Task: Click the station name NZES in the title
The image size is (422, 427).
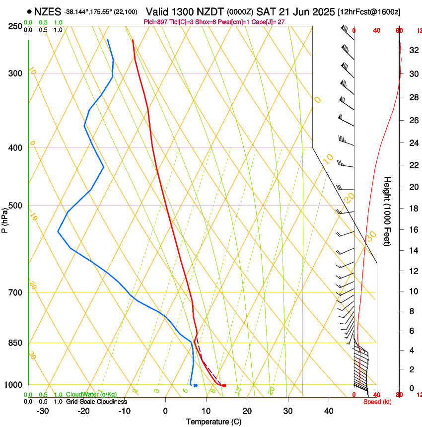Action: pos(47,11)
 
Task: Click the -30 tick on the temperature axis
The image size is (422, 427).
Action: pos(43,411)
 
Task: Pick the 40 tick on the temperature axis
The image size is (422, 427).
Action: pos(328,411)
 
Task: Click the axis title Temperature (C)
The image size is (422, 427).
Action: pos(213,422)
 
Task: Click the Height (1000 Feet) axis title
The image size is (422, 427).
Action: pos(387,211)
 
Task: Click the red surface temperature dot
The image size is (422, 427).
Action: pos(224,385)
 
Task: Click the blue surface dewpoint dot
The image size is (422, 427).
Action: pos(196,385)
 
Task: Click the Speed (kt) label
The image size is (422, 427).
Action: pos(377,402)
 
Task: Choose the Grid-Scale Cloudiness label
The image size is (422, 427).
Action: pos(96,402)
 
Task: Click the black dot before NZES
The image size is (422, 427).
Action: pos(29,11)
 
